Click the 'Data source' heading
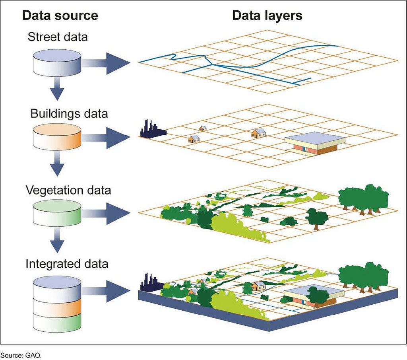[x=60, y=16]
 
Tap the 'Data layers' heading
[x=267, y=16]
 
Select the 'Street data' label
[x=58, y=37]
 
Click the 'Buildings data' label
[x=69, y=113]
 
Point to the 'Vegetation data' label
[x=68, y=190]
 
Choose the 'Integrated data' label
[x=67, y=264]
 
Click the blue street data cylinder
[x=57, y=63]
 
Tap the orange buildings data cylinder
[x=57, y=138]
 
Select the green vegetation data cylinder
[x=57, y=213]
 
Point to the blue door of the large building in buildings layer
[x=305, y=149]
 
